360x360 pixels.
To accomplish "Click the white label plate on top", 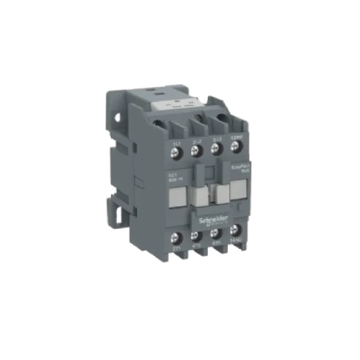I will point(179,109).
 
